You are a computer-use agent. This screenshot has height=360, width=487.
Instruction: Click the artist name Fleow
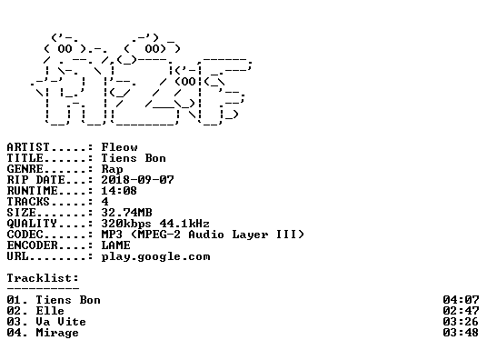[119, 147]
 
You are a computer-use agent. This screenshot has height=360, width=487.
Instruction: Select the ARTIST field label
[28, 147]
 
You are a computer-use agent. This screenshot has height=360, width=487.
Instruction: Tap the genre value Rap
[112, 169]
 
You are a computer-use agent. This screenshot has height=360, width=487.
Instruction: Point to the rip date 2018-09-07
[137, 180]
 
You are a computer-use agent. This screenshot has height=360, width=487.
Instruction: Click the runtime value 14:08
[119, 191]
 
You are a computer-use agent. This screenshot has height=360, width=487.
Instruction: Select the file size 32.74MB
[126, 213]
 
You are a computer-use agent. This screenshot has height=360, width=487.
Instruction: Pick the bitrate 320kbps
[126, 224]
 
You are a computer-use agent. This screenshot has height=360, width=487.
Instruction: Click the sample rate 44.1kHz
[184, 224]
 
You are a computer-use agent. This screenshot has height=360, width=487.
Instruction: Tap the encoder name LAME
[116, 245]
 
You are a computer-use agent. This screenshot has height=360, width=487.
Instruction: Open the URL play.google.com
[156, 256]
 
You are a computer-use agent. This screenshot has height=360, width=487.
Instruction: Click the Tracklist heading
[43, 278]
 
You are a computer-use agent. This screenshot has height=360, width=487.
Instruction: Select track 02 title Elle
[50, 311]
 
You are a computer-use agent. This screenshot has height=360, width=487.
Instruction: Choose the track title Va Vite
[61, 322]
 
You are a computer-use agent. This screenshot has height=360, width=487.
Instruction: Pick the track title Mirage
[57, 333]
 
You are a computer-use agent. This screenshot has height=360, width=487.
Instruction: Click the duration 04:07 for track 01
[461, 300]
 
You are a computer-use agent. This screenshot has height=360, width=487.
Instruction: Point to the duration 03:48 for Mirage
[461, 333]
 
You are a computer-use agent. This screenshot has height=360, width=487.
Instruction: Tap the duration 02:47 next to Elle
[461, 311]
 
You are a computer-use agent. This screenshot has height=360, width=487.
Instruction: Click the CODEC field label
[25, 235]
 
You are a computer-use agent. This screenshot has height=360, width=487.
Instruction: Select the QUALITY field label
[32, 224]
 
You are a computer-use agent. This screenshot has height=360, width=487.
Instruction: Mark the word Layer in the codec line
[251, 235]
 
